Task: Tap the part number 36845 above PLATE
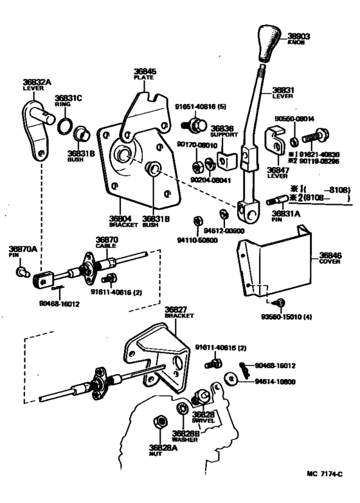coord(145,71)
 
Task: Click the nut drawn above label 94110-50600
coord(198,223)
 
